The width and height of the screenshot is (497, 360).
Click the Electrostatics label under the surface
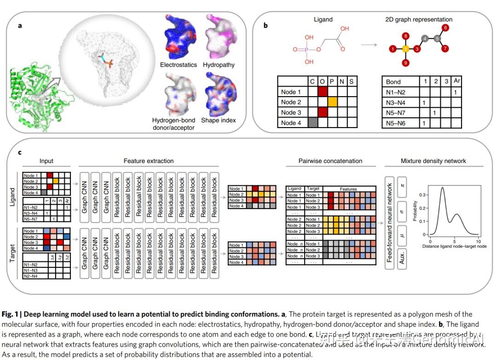pos(178,65)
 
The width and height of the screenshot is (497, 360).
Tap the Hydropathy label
pos(219,65)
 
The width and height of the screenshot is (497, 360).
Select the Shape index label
pos(219,120)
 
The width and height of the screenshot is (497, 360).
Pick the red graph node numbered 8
pos(405,35)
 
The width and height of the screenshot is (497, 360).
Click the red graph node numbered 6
pos(445,28)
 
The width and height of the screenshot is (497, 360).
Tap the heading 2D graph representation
pos(419,20)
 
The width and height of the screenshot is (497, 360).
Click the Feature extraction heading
pos(149,161)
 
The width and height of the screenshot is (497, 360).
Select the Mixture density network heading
pos(433,161)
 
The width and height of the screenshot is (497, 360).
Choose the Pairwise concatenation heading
pos(330,161)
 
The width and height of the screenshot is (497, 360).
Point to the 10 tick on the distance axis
pos(478,241)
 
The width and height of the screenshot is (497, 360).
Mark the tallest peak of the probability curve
pos(442,187)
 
